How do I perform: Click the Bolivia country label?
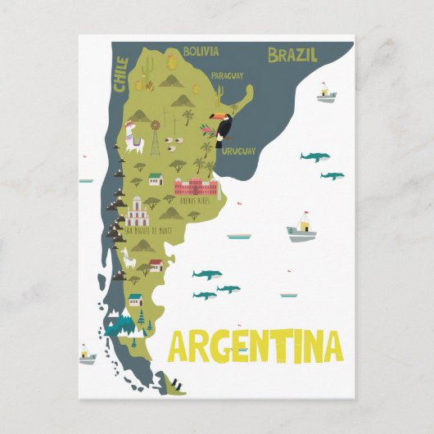[201, 52]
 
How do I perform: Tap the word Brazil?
[292, 55]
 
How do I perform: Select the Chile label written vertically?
[122, 74]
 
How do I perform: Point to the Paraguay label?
[227, 75]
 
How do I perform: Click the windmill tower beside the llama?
[154, 138]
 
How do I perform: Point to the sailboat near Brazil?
[327, 93]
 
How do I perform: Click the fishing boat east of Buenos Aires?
[302, 230]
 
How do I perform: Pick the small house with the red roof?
[156, 265]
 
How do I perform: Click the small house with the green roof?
[156, 179]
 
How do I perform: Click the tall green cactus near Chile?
[138, 83]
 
